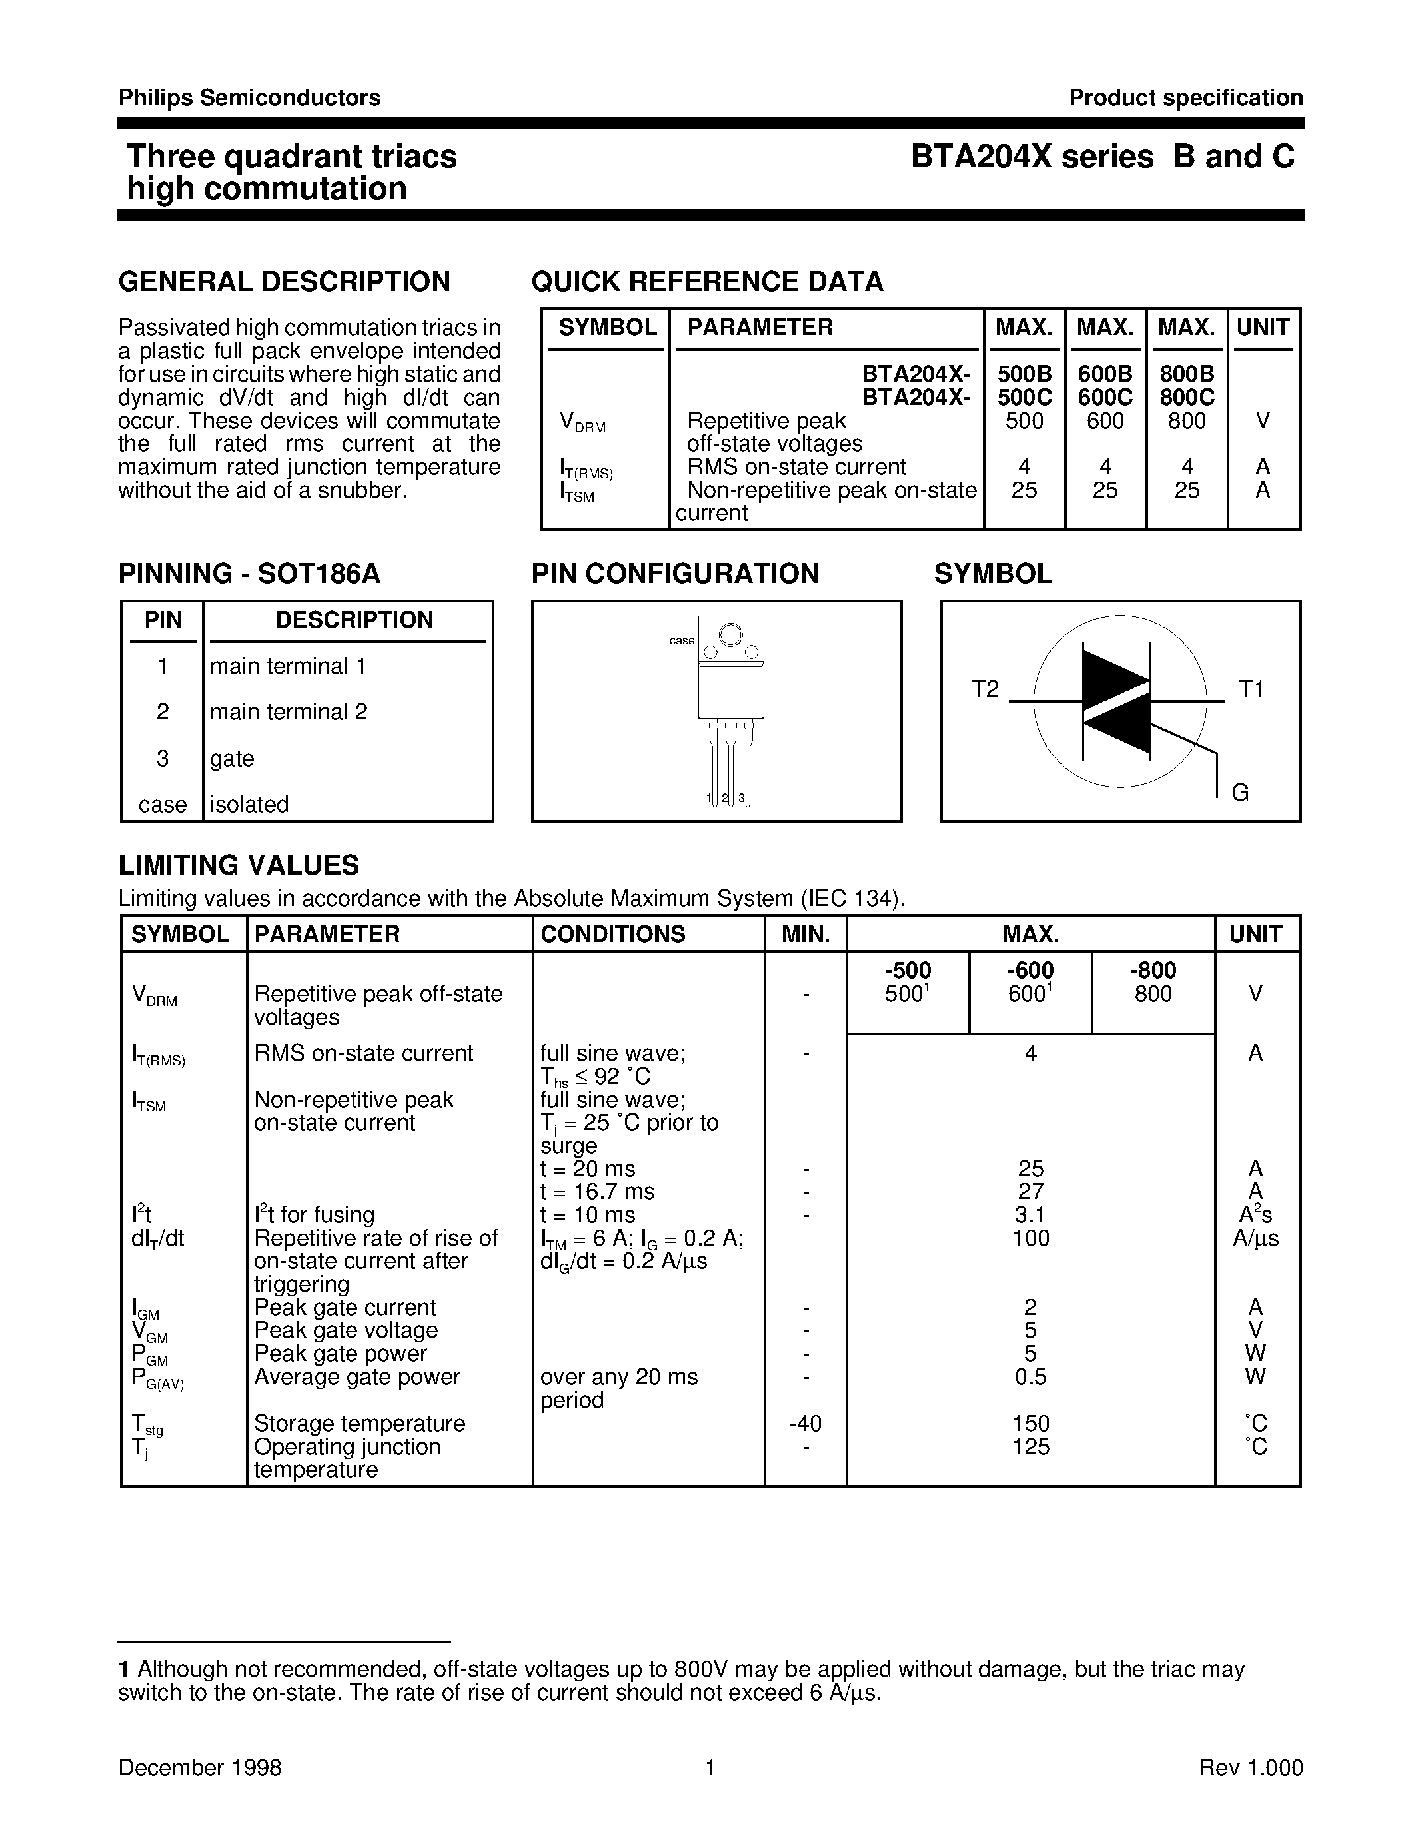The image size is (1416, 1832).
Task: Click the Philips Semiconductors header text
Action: pos(249,97)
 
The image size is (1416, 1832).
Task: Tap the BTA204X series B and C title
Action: pos(1103,157)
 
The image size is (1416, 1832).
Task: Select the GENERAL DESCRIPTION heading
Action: pos(285,282)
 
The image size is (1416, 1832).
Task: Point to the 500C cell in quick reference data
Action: pos(1024,397)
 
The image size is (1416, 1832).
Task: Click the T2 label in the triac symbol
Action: pos(985,689)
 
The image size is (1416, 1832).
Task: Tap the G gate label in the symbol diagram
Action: pos(1240,793)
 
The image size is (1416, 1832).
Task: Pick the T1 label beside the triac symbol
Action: pos(1251,689)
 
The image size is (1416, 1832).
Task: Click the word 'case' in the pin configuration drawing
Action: pos(681,640)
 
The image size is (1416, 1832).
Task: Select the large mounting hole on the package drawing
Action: pos(730,635)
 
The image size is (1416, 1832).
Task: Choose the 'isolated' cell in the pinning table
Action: pos(249,805)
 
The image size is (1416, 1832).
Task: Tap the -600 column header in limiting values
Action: pos(1030,971)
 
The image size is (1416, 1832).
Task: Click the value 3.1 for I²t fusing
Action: pos(1030,1214)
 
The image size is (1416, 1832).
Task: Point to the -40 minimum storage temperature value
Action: pos(806,1424)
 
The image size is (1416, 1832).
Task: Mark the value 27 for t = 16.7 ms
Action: pos(1030,1192)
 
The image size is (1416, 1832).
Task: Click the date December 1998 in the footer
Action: pos(200,1767)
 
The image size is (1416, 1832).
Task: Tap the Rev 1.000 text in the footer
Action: pos(1251,1767)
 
